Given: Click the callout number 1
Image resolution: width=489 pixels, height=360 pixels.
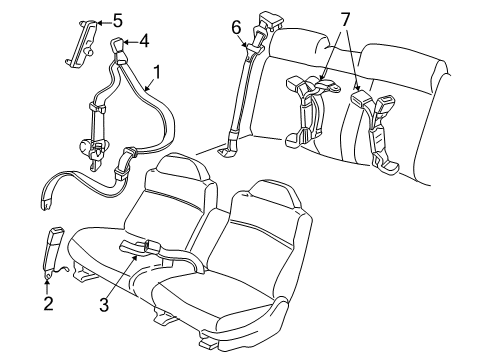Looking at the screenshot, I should [x=155, y=71].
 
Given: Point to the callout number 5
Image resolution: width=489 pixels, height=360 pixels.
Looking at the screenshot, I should [x=118, y=20].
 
